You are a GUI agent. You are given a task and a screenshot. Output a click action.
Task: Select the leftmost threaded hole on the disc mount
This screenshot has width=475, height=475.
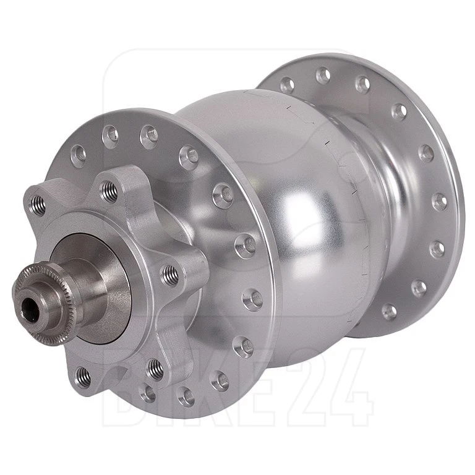[39, 200]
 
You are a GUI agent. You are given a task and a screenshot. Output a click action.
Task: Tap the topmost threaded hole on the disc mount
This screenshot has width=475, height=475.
[111, 190]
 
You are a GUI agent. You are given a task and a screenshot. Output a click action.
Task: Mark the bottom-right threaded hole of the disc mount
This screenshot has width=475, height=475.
[155, 369]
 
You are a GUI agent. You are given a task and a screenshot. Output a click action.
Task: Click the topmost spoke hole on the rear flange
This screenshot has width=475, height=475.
[323, 75]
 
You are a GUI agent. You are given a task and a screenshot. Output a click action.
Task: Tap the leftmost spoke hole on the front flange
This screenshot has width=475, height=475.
[77, 155]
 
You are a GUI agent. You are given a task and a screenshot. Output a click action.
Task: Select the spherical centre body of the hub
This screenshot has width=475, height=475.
[291, 210]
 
